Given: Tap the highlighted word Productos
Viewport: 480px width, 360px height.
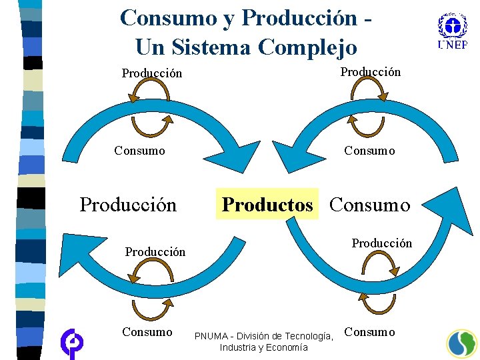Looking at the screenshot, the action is (267, 205).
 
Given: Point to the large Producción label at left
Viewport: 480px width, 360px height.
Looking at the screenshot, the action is (128, 205).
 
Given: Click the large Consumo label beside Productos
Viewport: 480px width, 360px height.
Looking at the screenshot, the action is (370, 205).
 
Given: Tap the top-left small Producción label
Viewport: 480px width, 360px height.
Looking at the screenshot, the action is (151, 73).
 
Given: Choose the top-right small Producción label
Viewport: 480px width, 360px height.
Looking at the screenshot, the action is (371, 71).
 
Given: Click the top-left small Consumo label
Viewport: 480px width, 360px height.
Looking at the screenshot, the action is (139, 150).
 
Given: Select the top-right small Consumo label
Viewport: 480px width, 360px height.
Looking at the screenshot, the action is (369, 150).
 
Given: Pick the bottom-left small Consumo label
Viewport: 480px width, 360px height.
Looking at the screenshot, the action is (147, 331).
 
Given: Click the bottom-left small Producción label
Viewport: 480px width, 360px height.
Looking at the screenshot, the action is (155, 251).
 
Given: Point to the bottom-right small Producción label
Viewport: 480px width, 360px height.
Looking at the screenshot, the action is (382, 243).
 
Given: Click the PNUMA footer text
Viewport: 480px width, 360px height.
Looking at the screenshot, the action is (263, 335).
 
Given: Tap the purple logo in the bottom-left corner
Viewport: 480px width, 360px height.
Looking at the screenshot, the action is (71, 343).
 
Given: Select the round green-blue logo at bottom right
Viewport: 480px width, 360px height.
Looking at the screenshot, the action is (461, 343).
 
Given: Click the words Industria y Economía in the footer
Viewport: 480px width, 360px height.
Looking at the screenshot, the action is (263, 347).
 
